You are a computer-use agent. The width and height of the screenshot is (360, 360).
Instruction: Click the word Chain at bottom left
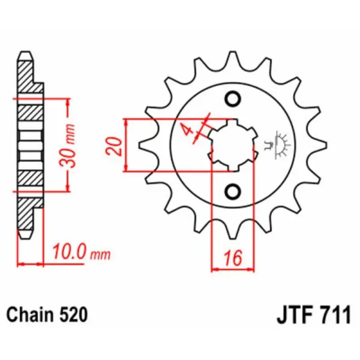(x=29, y=314)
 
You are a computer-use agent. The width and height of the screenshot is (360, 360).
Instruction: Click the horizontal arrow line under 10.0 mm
(x=31, y=263)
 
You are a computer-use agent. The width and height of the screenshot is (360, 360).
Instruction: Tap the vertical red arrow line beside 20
(x=127, y=145)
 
